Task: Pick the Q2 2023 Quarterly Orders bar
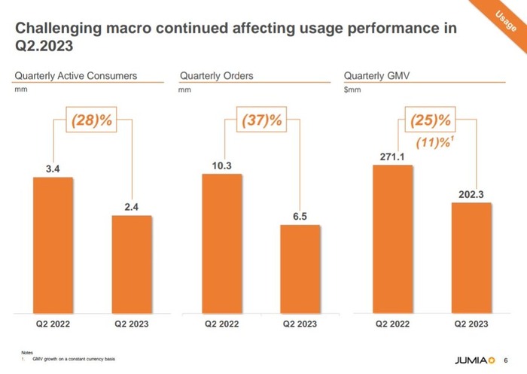point(300,269)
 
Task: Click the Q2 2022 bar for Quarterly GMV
point(393,239)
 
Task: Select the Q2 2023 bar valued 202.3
point(471,257)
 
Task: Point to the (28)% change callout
point(93,120)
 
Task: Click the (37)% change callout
point(261,120)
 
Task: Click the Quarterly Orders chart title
point(217,76)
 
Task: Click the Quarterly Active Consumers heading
point(76,76)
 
